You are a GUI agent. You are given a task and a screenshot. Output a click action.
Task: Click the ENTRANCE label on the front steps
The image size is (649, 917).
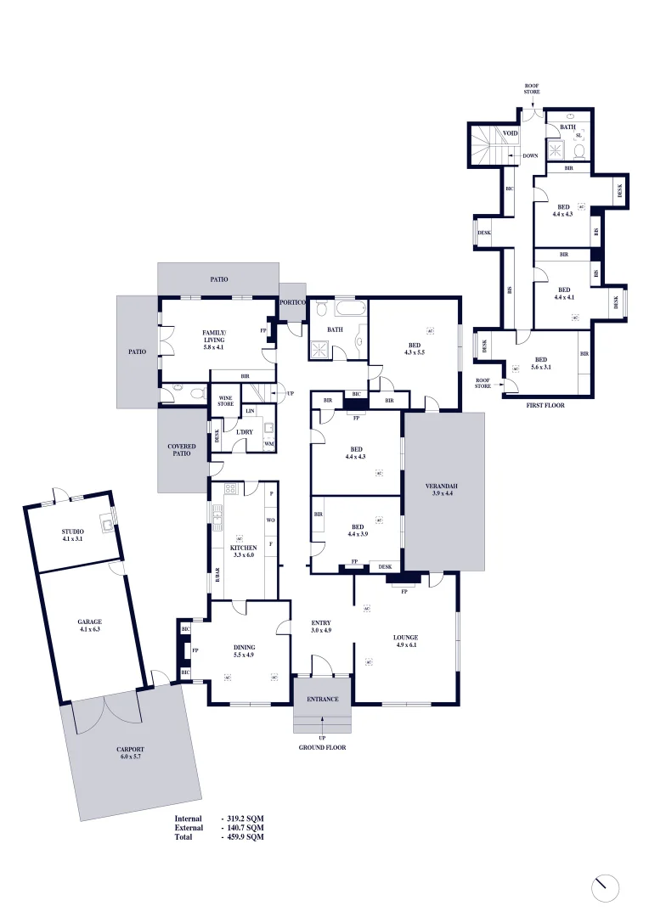(x=322, y=700)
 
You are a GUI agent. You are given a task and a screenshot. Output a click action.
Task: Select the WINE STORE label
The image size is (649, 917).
(x=225, y=401)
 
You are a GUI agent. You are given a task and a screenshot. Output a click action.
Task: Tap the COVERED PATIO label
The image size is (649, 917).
(x=182, y=450)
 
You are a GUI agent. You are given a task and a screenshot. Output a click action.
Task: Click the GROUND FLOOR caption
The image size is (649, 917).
(x=322, y=748)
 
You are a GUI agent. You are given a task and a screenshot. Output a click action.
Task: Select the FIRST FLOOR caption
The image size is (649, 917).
(x=545, y=405)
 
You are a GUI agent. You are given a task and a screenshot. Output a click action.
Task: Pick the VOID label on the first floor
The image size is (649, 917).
(x=511, y=133)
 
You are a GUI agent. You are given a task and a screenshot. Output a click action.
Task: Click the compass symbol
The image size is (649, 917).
(x=605, y=888)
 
